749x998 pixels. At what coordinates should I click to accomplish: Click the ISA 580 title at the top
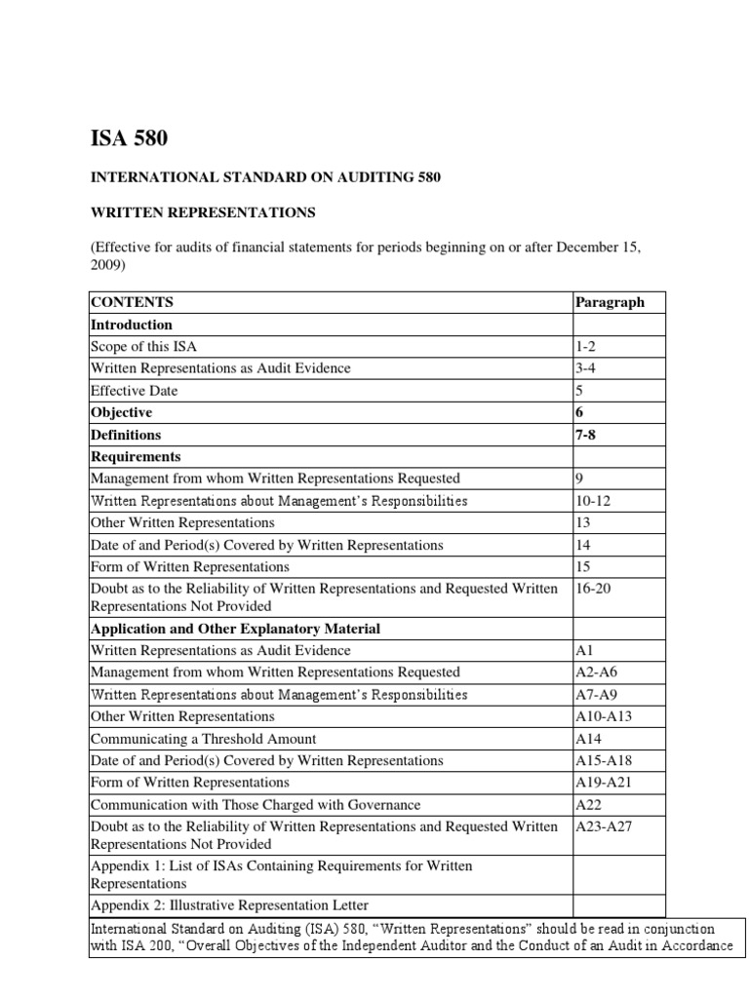(x=129, y=138)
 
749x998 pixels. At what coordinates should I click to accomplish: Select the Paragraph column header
(x=610, y=302)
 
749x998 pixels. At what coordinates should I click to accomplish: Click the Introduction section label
(x=131, y=325)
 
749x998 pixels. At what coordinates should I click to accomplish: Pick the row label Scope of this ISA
(x=147, y=346)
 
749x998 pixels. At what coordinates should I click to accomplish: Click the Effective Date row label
(x=134, y=390)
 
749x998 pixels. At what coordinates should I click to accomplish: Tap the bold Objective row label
(x=121, y=412)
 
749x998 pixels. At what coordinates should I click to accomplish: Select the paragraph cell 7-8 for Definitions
(x=587, y=435)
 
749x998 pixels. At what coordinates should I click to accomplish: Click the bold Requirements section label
(x=136, y=456)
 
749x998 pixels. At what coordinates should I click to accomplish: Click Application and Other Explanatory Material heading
(x=235, y=629)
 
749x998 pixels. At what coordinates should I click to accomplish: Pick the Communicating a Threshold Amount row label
(x=203, y=739)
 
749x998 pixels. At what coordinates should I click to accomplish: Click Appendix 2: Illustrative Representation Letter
(x=229, y=905)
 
